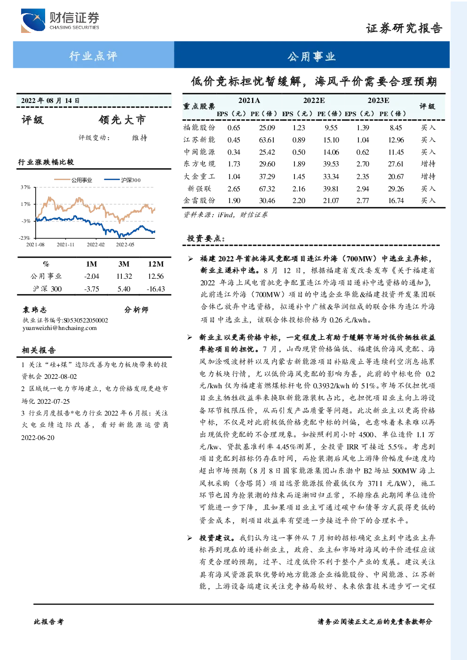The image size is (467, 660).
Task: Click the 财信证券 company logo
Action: tap(60, 20)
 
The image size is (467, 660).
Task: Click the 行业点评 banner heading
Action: tap(93, 56)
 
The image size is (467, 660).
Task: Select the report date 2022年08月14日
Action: tap(50, 101)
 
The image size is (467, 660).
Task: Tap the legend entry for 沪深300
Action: tap(122, 180)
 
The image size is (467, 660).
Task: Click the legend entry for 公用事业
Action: tap(73, 180)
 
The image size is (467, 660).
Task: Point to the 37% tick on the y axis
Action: tap(26, 187)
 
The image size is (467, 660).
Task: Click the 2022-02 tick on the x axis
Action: tap(95, 244)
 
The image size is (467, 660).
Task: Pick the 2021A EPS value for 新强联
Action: tap(234, 189)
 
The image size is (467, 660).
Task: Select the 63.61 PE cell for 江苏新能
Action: tap(267, 140)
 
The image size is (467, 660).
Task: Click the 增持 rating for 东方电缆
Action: tap(428, 164)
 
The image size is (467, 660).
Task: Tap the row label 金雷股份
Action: tap(199, 201)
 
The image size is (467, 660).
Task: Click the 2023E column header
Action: tap(378, 101)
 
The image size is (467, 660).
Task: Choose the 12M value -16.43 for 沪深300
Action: tap(156, 289)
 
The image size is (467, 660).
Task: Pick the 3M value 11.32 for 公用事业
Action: tap(124, 276)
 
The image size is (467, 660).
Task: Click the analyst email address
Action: tap(60, 328)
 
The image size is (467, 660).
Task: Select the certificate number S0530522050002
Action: tap(86, 320)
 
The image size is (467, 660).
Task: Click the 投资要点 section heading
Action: tap(206, 238)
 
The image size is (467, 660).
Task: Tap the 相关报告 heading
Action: tap(39, 350)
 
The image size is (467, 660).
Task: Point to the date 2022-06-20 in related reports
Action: tap(38, 438)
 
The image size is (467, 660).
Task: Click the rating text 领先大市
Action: tap(122, 120)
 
